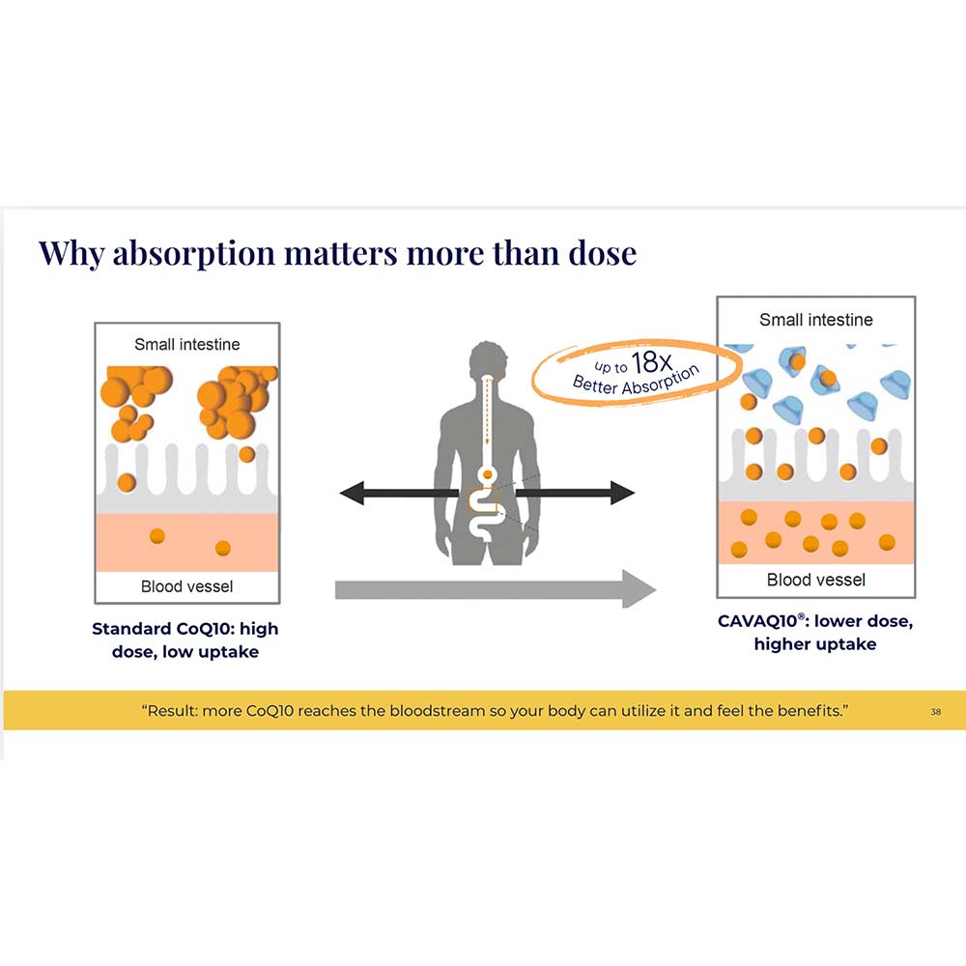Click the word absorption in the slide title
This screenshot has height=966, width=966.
point(193,254)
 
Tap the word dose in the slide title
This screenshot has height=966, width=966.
point(602,252)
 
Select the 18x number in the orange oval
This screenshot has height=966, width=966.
point(652,362)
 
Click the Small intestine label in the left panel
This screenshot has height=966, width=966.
point(187,345)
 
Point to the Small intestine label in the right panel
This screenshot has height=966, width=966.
point(815,320)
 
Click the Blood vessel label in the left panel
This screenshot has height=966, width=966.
point(186,586)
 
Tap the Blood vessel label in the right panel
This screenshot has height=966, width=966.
point(815,580)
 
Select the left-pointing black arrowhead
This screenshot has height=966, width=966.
point(352,493)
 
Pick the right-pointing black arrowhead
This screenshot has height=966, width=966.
point(622,493)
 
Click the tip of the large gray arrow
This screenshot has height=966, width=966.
point(656,589)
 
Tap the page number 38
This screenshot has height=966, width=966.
point(936,712)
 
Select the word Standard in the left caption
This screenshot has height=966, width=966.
point(131,629)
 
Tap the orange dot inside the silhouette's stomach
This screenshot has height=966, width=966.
point(487,474)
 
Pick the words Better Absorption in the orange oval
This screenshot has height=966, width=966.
point(636,381)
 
